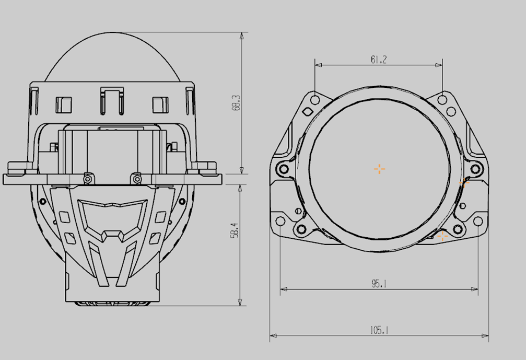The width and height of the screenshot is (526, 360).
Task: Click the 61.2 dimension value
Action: pyautogui.click(x=378, y=60)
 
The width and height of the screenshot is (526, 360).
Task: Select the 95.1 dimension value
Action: pyautogui.click(x=379, y=284)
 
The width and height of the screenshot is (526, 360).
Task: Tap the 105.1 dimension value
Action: pyautogui.click(x=379, y=330)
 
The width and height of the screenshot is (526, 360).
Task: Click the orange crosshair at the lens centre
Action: pyautogui.click(x=379, y=169)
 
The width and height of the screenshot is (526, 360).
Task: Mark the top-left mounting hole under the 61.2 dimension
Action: pyautogui.click(x=315, y=100)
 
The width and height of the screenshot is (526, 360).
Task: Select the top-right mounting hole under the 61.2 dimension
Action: pyautogui.click(x=442, y=100)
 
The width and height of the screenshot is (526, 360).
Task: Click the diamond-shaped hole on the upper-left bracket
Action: pyautogui.click(x=308, y=112)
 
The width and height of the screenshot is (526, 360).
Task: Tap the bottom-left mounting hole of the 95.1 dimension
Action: pyautogui.click(x=280, y=221)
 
